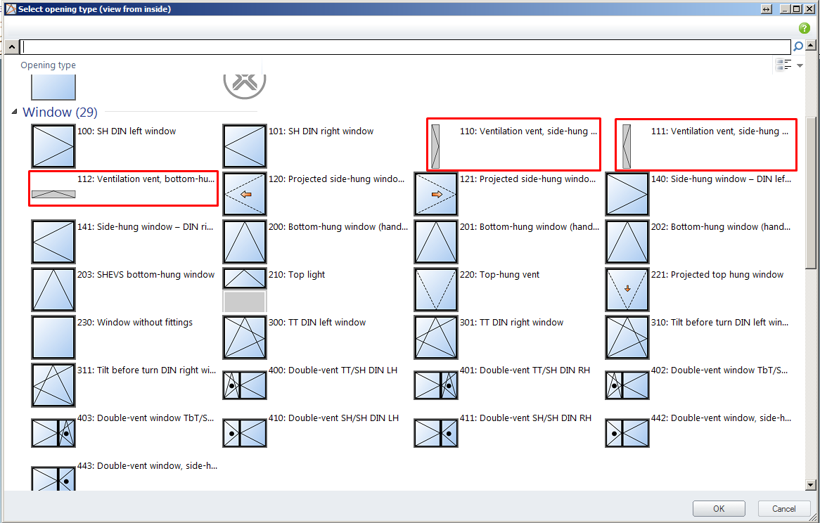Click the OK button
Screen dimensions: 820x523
[719, 508]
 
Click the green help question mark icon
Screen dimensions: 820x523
[805, 28]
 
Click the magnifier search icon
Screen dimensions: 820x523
[798, 46]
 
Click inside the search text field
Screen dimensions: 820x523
[405, 47]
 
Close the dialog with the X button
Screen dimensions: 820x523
[809, 9]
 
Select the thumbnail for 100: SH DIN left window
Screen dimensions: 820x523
[53, 146]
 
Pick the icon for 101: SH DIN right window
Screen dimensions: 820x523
[245, 146]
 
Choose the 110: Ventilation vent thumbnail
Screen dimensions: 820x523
[435, 146]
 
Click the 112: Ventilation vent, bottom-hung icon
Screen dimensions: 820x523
[53, 194]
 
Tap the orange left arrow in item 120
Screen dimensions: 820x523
[246, 194]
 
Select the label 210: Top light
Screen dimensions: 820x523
[297, 275]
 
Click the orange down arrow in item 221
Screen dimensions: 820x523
[627, 288]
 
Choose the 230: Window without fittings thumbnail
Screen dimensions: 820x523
[53, 337]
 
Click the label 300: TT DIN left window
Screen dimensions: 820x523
[317, 323]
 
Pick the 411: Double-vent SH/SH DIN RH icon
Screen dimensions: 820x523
[435, 432]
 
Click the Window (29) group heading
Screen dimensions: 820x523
[60, 112]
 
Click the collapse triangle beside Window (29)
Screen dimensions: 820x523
[14, 111]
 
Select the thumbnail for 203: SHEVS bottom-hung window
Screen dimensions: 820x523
[53, 290]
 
